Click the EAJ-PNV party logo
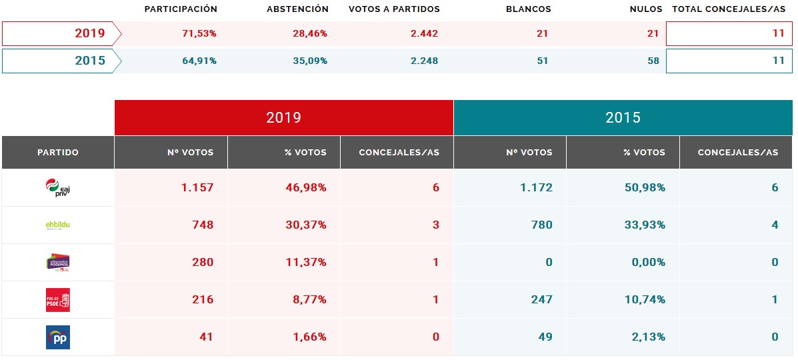57,188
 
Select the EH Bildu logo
57,225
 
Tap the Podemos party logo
57,263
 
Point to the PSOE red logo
57,300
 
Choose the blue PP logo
57,337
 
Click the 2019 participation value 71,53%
199,33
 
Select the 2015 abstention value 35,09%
311,61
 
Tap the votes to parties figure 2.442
424,33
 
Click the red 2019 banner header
284,118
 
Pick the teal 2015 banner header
623,118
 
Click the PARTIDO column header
57,153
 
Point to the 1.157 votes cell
197,188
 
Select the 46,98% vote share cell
306,188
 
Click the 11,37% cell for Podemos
306,263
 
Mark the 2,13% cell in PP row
647,337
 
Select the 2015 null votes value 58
653,61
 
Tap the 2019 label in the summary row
90,33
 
